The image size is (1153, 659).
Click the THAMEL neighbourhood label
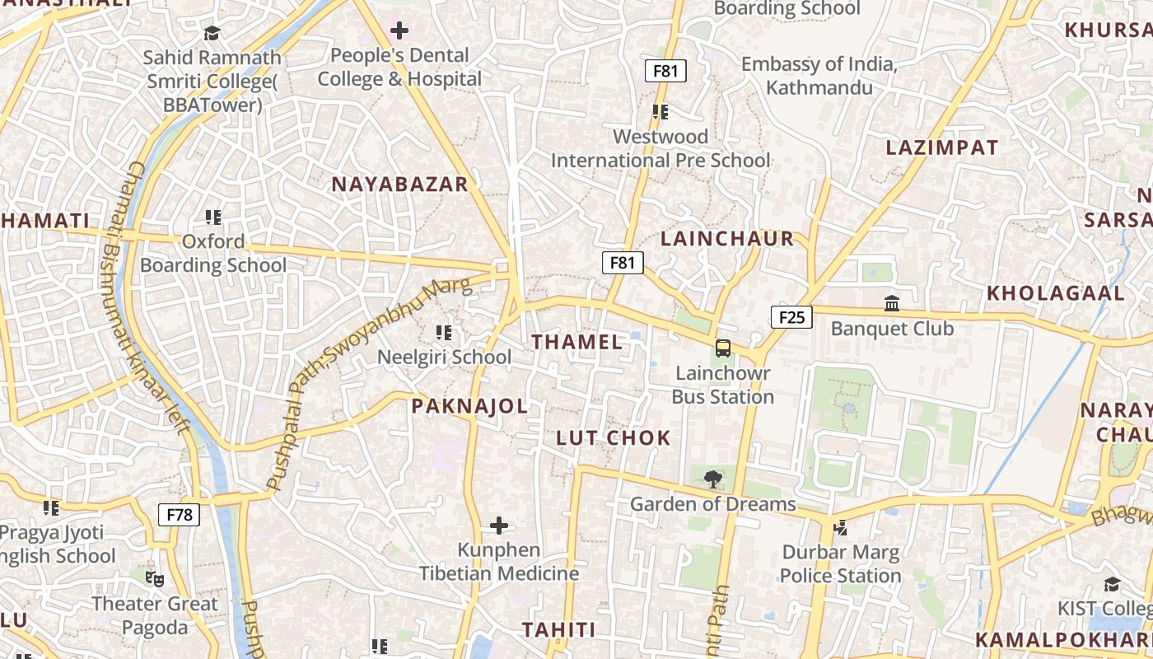coord(576,342)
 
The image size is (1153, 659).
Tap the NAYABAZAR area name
coord(399,185)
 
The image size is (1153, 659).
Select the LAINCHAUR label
coord(727,239)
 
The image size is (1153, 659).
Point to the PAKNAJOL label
coord(469,406)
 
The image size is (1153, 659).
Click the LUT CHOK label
coord(614,437)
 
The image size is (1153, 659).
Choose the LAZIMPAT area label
coord(942,148)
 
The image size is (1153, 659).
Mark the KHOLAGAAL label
coord(1056,293)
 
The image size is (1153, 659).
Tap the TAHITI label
coord(558,630)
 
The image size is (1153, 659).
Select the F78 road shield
coord(179,516)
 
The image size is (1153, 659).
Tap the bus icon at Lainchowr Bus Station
coord(722,348)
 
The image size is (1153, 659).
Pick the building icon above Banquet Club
coord(892,304)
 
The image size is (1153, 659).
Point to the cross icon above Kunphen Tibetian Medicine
coord(498,526)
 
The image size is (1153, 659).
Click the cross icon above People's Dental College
coord(399,31)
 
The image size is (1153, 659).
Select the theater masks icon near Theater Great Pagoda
coord(154,579)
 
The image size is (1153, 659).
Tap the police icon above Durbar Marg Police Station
coord(840,527)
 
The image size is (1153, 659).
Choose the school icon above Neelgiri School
coord(444,333)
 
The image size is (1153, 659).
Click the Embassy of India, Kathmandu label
coord(819,76)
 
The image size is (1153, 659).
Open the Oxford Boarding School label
coord(213,254)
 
